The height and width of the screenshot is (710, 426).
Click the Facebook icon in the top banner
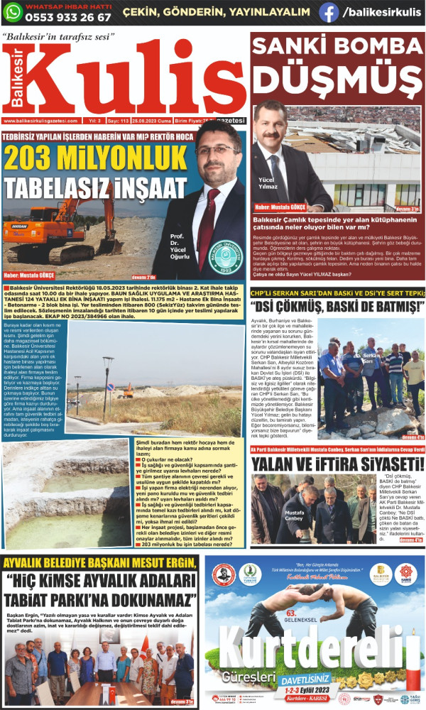click(x=329, y=12)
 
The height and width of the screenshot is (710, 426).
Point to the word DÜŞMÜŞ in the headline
click(x=337, y=78)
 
